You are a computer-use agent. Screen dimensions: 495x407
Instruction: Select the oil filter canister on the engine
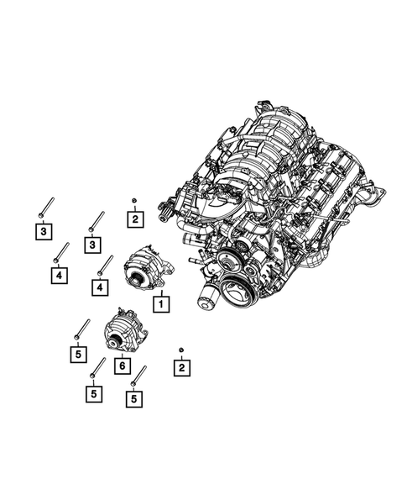(208, 297)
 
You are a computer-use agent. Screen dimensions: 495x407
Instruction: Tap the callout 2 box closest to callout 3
(134, 220)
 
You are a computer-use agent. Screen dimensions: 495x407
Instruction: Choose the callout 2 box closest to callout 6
(180, 367)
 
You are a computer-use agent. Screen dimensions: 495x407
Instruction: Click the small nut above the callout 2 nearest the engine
(134, 201)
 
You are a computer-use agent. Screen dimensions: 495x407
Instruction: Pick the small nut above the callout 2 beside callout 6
(180, 348)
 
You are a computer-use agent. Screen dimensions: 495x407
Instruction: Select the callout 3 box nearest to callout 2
(91, 244)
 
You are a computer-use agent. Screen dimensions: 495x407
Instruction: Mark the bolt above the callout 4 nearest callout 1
(104, 266)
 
